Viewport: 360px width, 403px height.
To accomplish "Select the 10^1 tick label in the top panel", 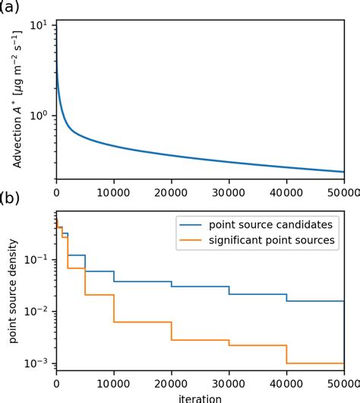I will click(38, 24).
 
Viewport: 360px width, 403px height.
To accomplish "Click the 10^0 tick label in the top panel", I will click(38, 116).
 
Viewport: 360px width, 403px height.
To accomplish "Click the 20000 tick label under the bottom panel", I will click(171, 385).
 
